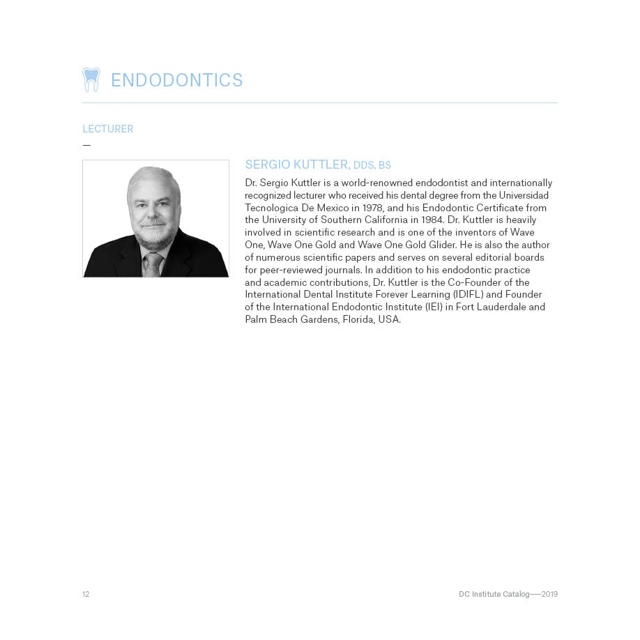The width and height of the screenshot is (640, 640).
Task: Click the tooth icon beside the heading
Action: click(x=91, y=79)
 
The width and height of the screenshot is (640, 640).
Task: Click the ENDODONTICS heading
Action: click(x=176, y=80)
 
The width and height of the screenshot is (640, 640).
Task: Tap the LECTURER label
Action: click(x=107, y=129)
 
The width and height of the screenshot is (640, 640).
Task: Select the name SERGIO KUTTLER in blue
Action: click(x=297, y=165)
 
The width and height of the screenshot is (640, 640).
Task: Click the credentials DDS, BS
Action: click(x=372, y=165)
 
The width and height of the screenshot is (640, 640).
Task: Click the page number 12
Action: click(x=86, y=594)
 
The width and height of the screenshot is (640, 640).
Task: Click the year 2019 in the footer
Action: click(x=549, y=594)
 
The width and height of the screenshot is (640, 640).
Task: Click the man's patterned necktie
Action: click(x=153, y=265)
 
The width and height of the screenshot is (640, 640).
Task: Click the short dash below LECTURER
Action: click(x=86, y=145)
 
